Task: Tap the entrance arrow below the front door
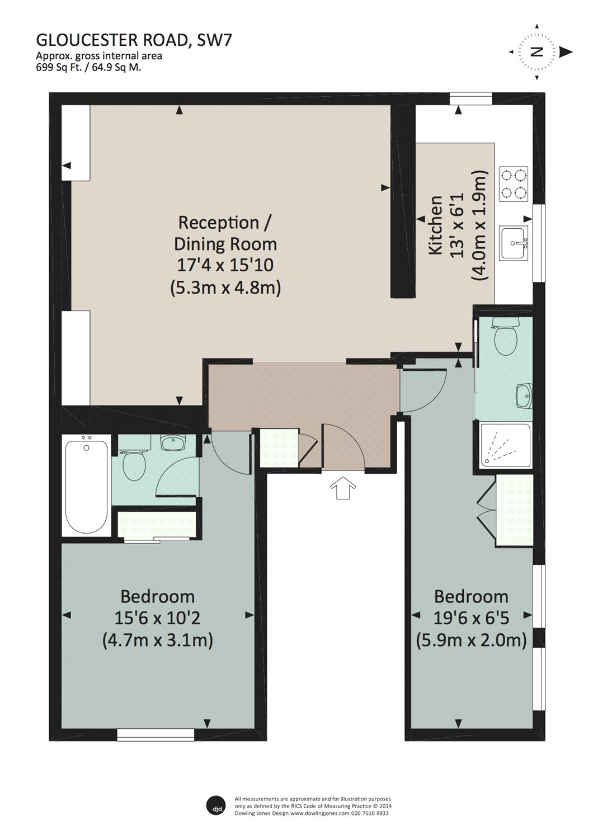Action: coord(342,488)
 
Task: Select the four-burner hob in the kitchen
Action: coord(513,184)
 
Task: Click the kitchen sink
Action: coord(515,243)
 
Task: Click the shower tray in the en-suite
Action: coord(505,445)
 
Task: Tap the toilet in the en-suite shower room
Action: coord(506,335)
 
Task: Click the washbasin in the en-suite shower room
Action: coord(524,395)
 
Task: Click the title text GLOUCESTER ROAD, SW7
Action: coord(133,40)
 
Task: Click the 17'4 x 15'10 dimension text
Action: coord(225,265)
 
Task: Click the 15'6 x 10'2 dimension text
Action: coord(157,618)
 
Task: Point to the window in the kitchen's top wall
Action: coord(470,99)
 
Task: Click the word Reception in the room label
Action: coord(218,223)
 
